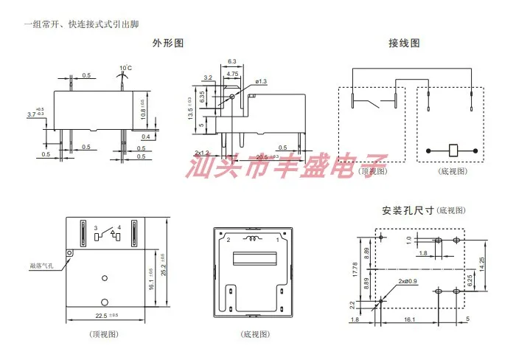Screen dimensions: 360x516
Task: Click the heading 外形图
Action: [167, 44]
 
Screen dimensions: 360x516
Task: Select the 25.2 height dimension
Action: [162, 260]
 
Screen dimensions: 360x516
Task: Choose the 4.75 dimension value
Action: [232, 74]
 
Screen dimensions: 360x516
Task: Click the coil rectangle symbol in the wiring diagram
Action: [453, 150]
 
